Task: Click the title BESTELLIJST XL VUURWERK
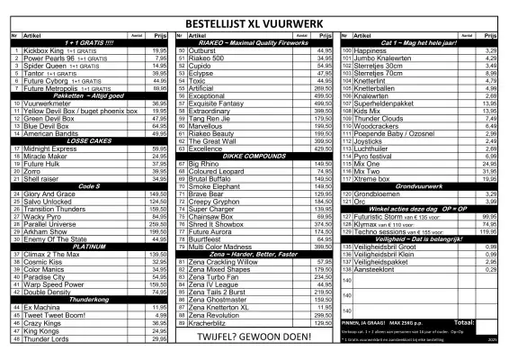(254, 21)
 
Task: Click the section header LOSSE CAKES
(88, 141)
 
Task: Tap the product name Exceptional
(208, 95)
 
